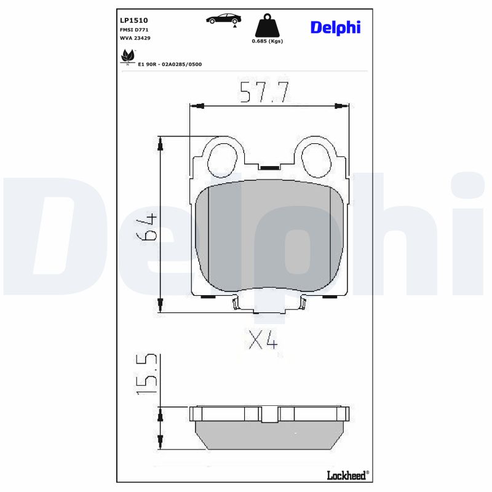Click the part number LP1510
tap(133, 20)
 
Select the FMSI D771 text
tap(133, 30)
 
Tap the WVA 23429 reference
tap(135, 38)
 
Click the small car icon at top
tap(223, 19)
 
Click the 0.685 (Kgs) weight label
tap(268, 41)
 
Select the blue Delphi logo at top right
tap(335, 27)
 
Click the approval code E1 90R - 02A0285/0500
tap(170, 64)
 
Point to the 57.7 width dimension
tap(264, 92)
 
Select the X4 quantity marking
tap(263, 339)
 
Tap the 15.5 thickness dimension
tap(148, 375)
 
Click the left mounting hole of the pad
tap(222, 158)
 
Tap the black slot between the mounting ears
tap(269, 167)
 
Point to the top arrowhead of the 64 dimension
tap(161, 143)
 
